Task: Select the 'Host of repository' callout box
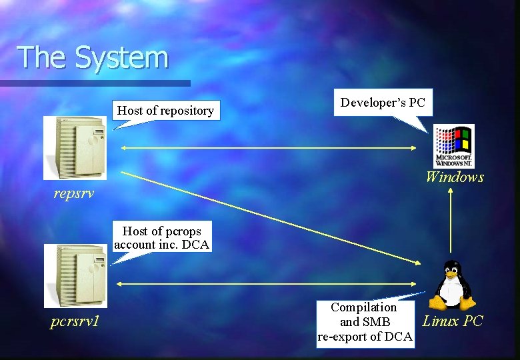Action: point(166,111)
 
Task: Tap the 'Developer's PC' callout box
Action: point(383,103)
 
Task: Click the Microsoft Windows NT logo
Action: point(453,145)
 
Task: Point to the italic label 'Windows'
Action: point(454,177)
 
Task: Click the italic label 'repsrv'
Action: point(74,195)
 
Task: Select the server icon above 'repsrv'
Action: point(75,147)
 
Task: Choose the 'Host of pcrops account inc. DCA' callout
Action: point(161,238)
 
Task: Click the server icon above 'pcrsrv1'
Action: point(75,275)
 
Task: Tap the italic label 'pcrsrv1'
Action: point(75,321)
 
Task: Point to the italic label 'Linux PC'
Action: point(453,321)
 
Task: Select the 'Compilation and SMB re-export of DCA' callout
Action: point(365,322)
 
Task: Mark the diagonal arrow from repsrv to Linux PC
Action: point(267,217)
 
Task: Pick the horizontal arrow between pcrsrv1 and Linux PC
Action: point(267,284)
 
